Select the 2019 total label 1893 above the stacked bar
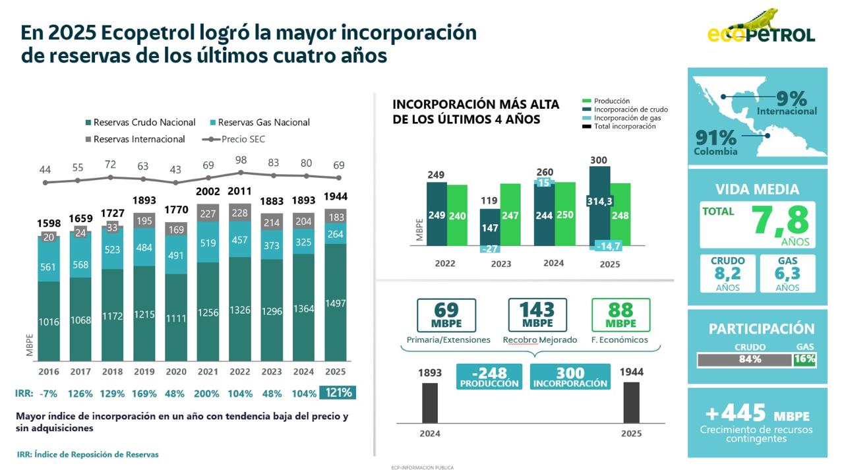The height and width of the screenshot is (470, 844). [x=144, y=200]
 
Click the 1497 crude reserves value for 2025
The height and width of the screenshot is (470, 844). [x=336, y=303]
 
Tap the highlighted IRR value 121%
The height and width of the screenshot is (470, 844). [x=337, y=393]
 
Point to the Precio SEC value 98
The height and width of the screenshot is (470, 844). [x=241, y=160]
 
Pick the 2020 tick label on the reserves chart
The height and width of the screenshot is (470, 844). [x=176, y=372]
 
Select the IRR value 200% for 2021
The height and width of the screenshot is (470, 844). [x=208, y=394]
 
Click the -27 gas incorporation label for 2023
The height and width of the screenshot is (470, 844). [x=489, y=249]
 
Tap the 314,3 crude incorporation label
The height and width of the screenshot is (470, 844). [x=599, y=201]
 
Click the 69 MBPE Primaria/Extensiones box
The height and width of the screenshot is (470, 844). [x=446, y=315]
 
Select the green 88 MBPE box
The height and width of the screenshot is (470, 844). [x=620, y=315]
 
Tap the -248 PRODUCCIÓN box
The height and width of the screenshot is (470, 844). [x=489, y=376]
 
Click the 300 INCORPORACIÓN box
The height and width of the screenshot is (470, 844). [x=570, y=376]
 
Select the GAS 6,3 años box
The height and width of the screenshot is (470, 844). [x=787, y=274]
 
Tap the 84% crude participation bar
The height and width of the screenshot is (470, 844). [x=744, y=359]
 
